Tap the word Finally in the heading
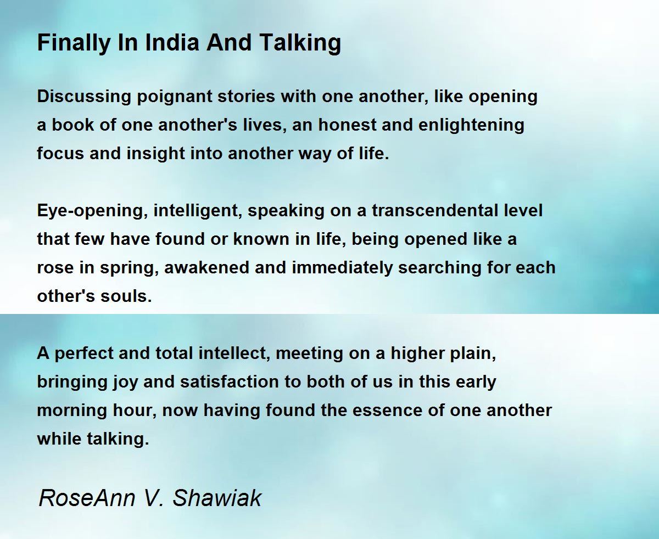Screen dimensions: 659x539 click(74, 44)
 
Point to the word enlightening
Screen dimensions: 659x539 click(471, 126)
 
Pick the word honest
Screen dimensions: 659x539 click(348, 125)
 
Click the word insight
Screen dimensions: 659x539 click(155, 154)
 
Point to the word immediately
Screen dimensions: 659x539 click(342, 268)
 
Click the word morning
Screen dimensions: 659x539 click(72, 411)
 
